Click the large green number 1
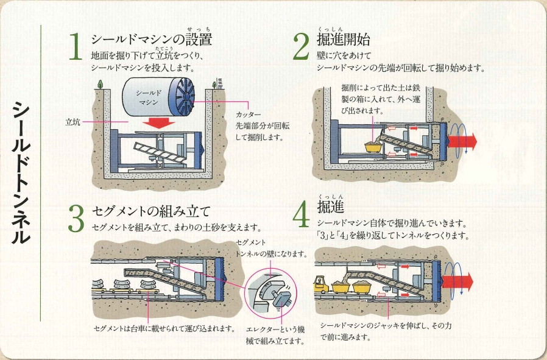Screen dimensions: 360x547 pyautogui.click(x=76, y=48)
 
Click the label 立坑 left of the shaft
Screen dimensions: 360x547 pyautogui.click(x=74, y=122)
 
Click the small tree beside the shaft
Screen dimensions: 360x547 pyautogui.click(x=101, y=85)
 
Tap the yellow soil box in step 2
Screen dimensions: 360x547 pyautogui.click(x=370, y=146)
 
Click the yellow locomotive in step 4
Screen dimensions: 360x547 pyautogui.click(x=322, y=284)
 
